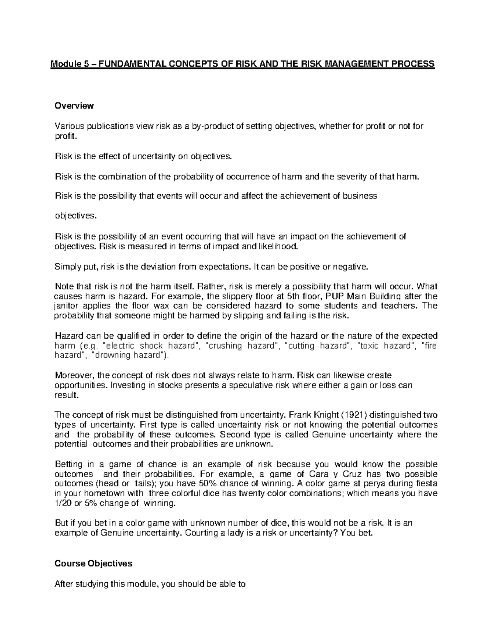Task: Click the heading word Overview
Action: click(x=74, y=106)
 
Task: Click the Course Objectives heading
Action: click(x=93, y=563)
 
